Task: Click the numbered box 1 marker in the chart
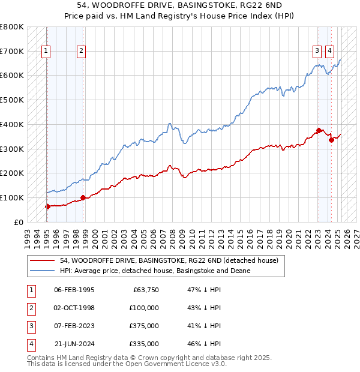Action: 46,51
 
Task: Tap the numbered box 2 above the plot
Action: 81,51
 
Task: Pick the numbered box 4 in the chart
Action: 330,51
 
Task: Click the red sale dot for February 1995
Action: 47,206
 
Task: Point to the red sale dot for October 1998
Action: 83,197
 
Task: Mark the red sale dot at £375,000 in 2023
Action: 319,130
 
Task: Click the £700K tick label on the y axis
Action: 12,51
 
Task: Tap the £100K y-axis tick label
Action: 12,197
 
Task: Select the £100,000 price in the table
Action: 144,308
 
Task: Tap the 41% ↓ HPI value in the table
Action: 205,326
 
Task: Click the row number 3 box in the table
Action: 31,326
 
